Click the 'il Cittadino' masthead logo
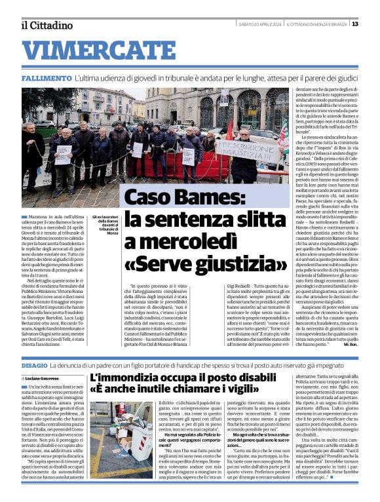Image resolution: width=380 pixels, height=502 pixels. (x=47, y=25)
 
